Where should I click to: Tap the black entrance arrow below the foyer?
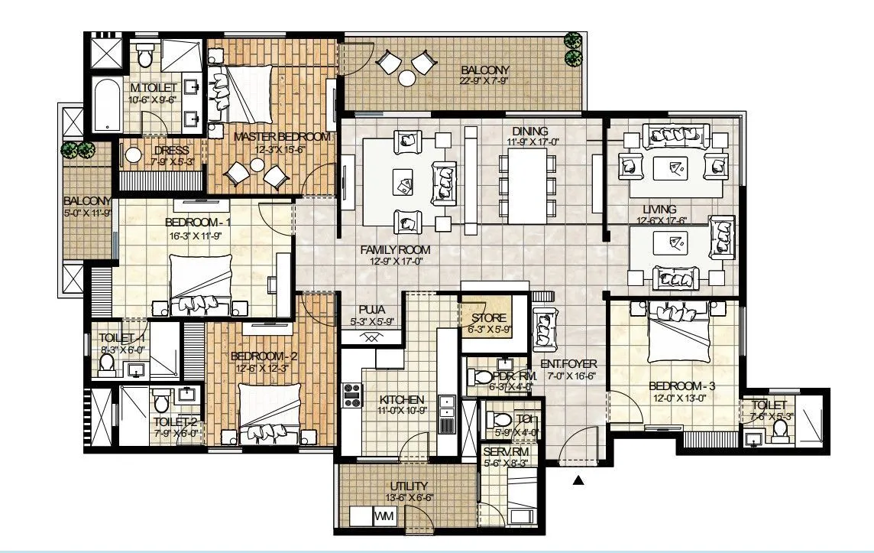pyautogui.click(x=579, y=480)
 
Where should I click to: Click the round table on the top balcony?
pyautogui.click(x=406, y=77)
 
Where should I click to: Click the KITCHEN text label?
pyautogui.click(x=401, y=400)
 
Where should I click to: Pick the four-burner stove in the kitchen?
pyautogui.click(x=352, y=395)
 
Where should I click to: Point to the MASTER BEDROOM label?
pyautogui.click(x=282, y=137)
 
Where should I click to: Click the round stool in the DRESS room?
pyautogui.click(x=134, y=155)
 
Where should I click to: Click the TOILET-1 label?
pyautogui.click(x=122, y=337)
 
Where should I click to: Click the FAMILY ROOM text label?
pyautogui.click(x=395, y=249)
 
